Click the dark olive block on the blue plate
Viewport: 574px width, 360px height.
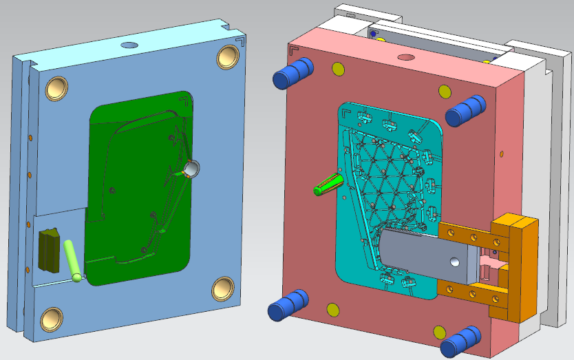coord(50,249)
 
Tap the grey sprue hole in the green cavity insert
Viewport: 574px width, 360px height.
coord(192,167)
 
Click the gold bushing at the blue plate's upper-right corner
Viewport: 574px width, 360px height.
coord(228,57)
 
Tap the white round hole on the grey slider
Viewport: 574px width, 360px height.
coord(454,262)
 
